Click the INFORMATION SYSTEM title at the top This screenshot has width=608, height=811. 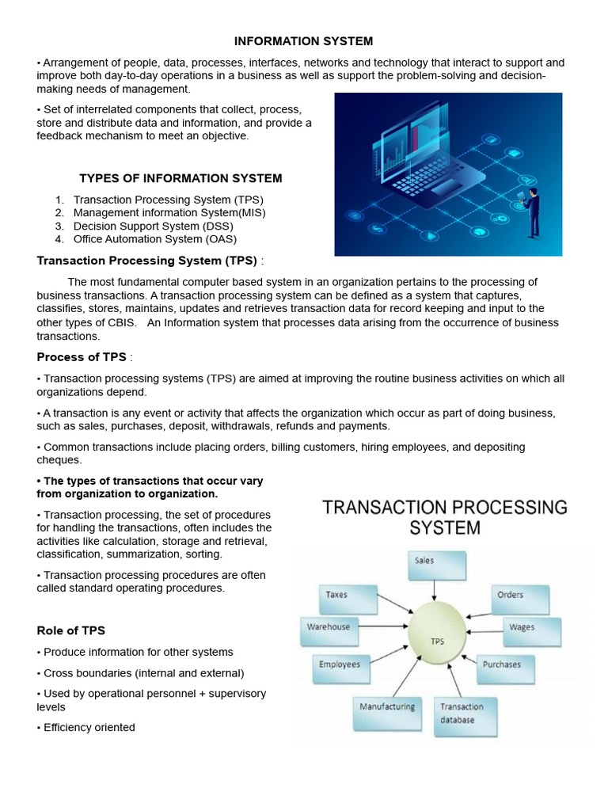[304, 41]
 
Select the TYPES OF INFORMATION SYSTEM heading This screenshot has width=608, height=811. [180, 178]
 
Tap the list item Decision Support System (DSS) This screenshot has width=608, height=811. [153, 226]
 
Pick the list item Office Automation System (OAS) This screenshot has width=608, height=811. [154, 238]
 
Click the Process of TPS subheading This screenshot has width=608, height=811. [82, 357]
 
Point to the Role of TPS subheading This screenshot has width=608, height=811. [71, 630]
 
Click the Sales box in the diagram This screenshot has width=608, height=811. [435, 565]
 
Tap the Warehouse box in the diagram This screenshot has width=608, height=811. [329, 631]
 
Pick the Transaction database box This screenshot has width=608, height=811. [467, 717]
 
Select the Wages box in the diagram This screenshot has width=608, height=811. [532, 631]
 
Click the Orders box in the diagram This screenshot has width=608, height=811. [518, 599]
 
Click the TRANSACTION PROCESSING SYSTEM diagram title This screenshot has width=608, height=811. [444, 516]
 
